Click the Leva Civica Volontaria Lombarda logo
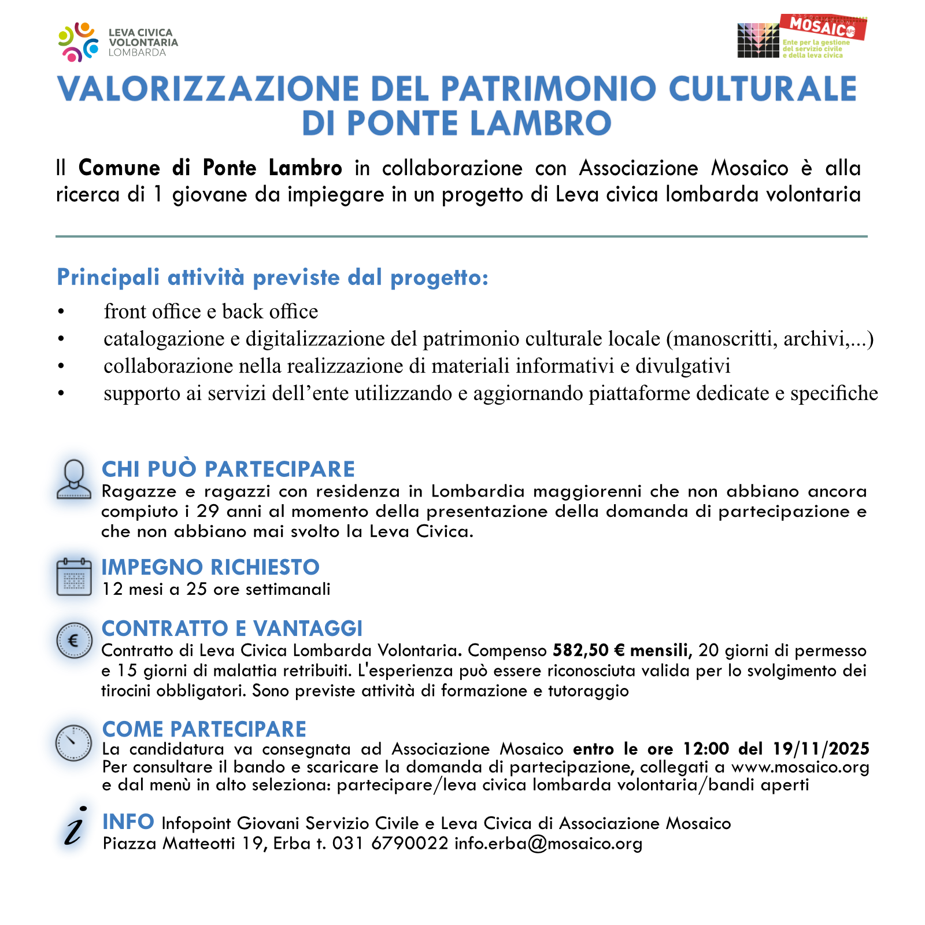pos(118,42)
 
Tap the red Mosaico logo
pos(822,27)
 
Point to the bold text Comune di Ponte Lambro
pos(210,168)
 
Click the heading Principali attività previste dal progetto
pos(272,278)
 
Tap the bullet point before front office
pos(61,313)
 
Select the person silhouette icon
pos(74,479)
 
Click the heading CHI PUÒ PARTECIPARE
pos(228,469)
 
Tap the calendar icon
pos(74,576)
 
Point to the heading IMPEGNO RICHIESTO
pos(210,568)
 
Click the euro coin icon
pos(74,641)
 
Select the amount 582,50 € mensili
pos(622,651)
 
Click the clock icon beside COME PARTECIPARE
pos(73,742)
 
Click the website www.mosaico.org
pos(800,767)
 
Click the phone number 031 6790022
pos(390,843)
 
